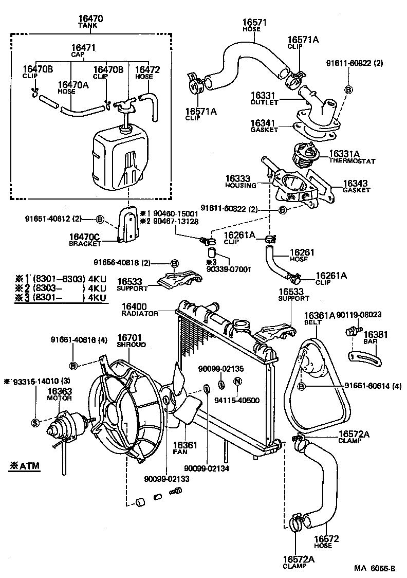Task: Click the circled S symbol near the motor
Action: point(35,423)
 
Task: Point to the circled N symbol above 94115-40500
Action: point(237,382)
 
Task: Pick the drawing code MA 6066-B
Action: point(374,568)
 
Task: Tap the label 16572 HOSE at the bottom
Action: point(323,541)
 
